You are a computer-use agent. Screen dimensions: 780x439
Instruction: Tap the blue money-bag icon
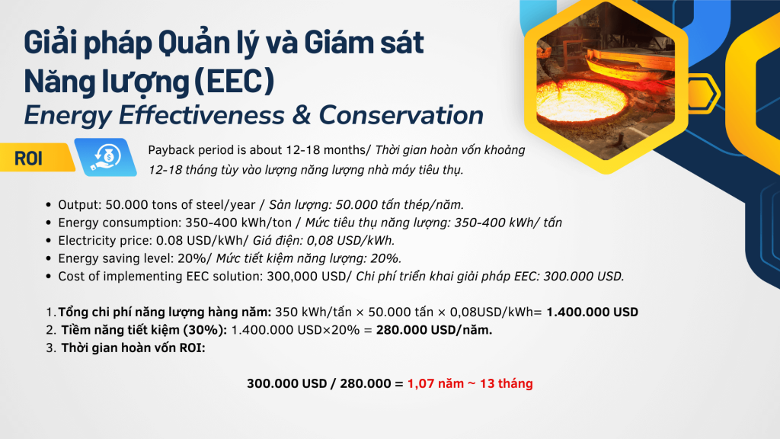coord(105,157)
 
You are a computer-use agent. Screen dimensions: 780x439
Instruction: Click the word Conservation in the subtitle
coord(401,115)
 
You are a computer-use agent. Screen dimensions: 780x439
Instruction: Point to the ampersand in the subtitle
coord(302,115)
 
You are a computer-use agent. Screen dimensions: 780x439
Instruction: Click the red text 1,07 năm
coord(435,383)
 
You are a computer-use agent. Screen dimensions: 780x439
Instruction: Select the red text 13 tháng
coord(506,383)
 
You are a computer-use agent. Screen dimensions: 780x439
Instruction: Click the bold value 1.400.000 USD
coord(592,312)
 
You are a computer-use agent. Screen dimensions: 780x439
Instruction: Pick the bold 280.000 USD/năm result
coord(433,330)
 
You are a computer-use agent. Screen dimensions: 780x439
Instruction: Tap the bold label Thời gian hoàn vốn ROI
coord(133,348)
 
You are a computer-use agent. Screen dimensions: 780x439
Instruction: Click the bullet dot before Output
coord(48,204)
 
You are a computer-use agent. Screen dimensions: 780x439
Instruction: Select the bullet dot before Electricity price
coord(48,240)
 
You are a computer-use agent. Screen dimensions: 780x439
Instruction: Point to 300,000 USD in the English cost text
coord(306,276)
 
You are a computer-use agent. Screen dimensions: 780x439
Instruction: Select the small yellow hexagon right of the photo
coord(704,93)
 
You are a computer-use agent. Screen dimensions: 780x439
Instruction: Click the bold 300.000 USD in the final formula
coord(286,383)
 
